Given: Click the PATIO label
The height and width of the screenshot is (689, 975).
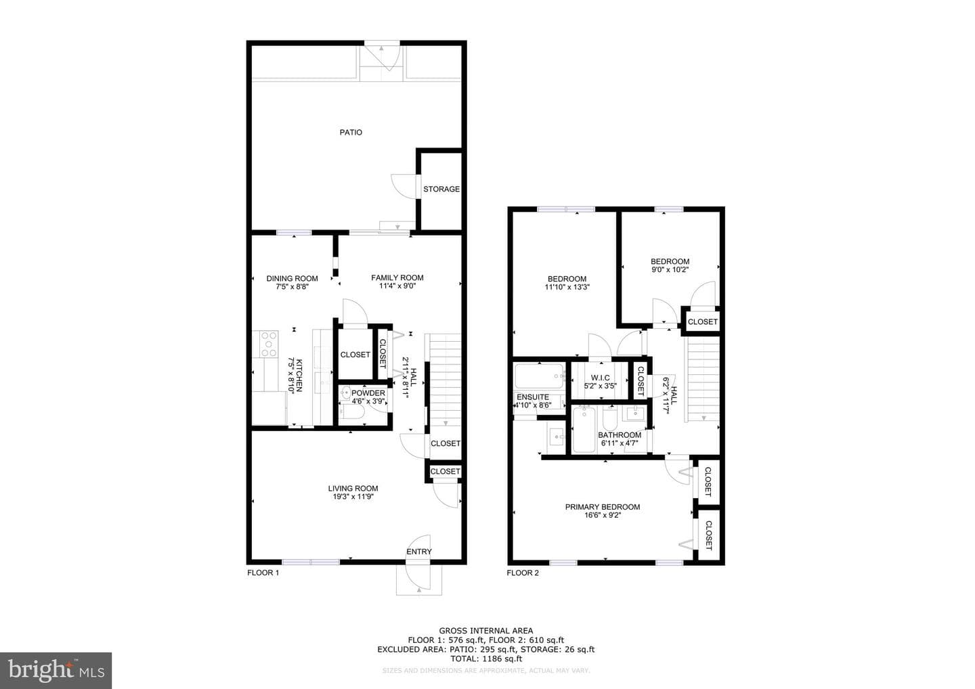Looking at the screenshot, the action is (x=351, y=132).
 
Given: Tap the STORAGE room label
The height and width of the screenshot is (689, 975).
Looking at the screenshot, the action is (x=441, y=190).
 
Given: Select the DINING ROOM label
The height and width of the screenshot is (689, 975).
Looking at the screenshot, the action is (x=292, y=278).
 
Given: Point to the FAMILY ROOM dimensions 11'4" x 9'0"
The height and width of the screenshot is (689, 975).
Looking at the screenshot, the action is (x=397, y=286).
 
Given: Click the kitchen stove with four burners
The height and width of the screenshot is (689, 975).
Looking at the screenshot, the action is (x=269, y=344).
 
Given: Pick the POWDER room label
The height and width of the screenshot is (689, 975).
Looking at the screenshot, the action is (x=368, y=393).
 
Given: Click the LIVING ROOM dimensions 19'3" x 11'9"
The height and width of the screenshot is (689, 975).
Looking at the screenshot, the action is (x=353, y=497).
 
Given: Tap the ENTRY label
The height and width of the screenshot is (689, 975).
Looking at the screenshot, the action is (x=419, y=552).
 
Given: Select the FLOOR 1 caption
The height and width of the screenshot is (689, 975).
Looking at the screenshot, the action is (x=263, y=573).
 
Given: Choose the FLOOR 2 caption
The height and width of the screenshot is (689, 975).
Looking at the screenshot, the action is (x=523, y=573).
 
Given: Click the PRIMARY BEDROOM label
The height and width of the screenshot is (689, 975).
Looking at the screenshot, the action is (x=603, y=507).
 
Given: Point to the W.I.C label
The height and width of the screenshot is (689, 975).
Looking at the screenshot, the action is (x=600, y=378).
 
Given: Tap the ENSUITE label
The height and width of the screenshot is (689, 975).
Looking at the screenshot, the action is (x=533, y=397).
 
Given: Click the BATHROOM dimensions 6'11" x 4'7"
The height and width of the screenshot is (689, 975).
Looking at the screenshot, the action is (x=620, y=443).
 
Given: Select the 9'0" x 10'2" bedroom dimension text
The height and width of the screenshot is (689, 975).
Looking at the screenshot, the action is (x=670, y=269).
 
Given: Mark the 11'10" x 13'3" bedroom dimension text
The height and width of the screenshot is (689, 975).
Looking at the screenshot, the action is (x=567, y=287).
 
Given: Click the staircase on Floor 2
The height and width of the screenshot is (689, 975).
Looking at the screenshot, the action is (x=703, y=379).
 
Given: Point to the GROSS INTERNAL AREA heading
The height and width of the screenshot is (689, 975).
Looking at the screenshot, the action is (x=485, y=631).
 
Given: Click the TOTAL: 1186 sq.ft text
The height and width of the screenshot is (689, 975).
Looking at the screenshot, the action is (x=485, y=659).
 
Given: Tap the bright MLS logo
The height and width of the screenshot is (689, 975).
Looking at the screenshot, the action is (x=56, y=670).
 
